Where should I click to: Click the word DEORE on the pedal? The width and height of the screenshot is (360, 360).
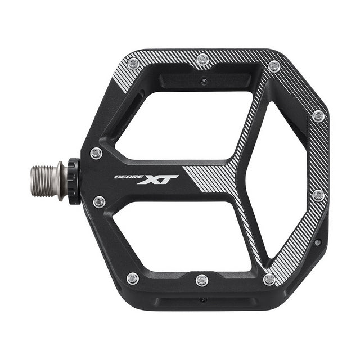coord(125,176)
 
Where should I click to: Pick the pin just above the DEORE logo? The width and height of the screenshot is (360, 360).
coord(97,152)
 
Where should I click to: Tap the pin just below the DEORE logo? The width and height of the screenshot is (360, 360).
coord(99,201)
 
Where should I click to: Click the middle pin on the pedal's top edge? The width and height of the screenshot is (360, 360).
coord(202,59)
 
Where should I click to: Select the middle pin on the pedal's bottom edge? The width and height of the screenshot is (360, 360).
coord(202,280)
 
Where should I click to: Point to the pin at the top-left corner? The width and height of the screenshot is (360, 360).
coord(133,64)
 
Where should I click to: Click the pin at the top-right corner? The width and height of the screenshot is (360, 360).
coord(274,66)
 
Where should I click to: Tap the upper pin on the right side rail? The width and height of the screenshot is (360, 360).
coord(318,116)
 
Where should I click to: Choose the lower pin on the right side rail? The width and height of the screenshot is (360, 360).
coord(318,195)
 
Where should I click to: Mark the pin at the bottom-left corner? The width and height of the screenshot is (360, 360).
coord(133,277)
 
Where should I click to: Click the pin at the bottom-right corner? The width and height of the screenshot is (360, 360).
coord(270,278)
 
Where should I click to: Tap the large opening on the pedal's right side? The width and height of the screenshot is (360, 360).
coord(281,180)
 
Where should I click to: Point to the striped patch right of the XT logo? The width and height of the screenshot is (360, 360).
coord(211,180)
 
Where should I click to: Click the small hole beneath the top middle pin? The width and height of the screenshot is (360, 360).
coord(204,81)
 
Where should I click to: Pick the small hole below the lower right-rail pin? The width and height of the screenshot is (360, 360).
coord(318,243)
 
